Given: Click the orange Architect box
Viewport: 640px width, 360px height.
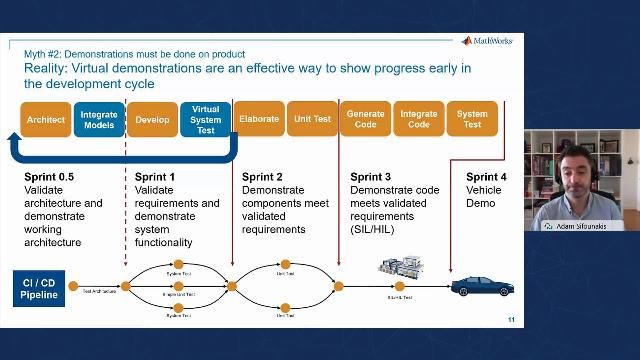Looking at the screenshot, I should (46, 119).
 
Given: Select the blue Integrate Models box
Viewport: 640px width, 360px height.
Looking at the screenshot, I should (99, 119).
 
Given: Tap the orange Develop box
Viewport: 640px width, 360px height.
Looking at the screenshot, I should (153, 119).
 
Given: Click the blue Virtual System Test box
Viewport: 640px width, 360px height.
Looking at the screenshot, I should (206, 119).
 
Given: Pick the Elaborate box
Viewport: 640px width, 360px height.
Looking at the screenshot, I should (259, 119).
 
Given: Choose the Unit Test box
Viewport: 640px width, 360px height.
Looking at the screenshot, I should (312, 119).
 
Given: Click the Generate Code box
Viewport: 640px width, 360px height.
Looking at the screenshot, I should (365, 119).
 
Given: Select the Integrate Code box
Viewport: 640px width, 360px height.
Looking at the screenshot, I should (419, 119).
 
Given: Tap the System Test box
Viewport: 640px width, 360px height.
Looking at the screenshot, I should (472, 119).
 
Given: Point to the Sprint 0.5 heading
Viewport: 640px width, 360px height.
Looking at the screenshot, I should (49, 177).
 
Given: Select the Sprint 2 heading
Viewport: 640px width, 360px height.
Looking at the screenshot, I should (262, 177).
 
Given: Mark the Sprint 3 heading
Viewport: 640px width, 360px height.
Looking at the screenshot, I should (370, 177).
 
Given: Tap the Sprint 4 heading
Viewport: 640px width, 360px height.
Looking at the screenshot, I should (486, 177).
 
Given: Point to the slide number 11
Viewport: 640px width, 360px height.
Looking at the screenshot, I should (511, 321).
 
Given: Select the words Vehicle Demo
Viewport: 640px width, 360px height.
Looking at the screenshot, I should (483, 196).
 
